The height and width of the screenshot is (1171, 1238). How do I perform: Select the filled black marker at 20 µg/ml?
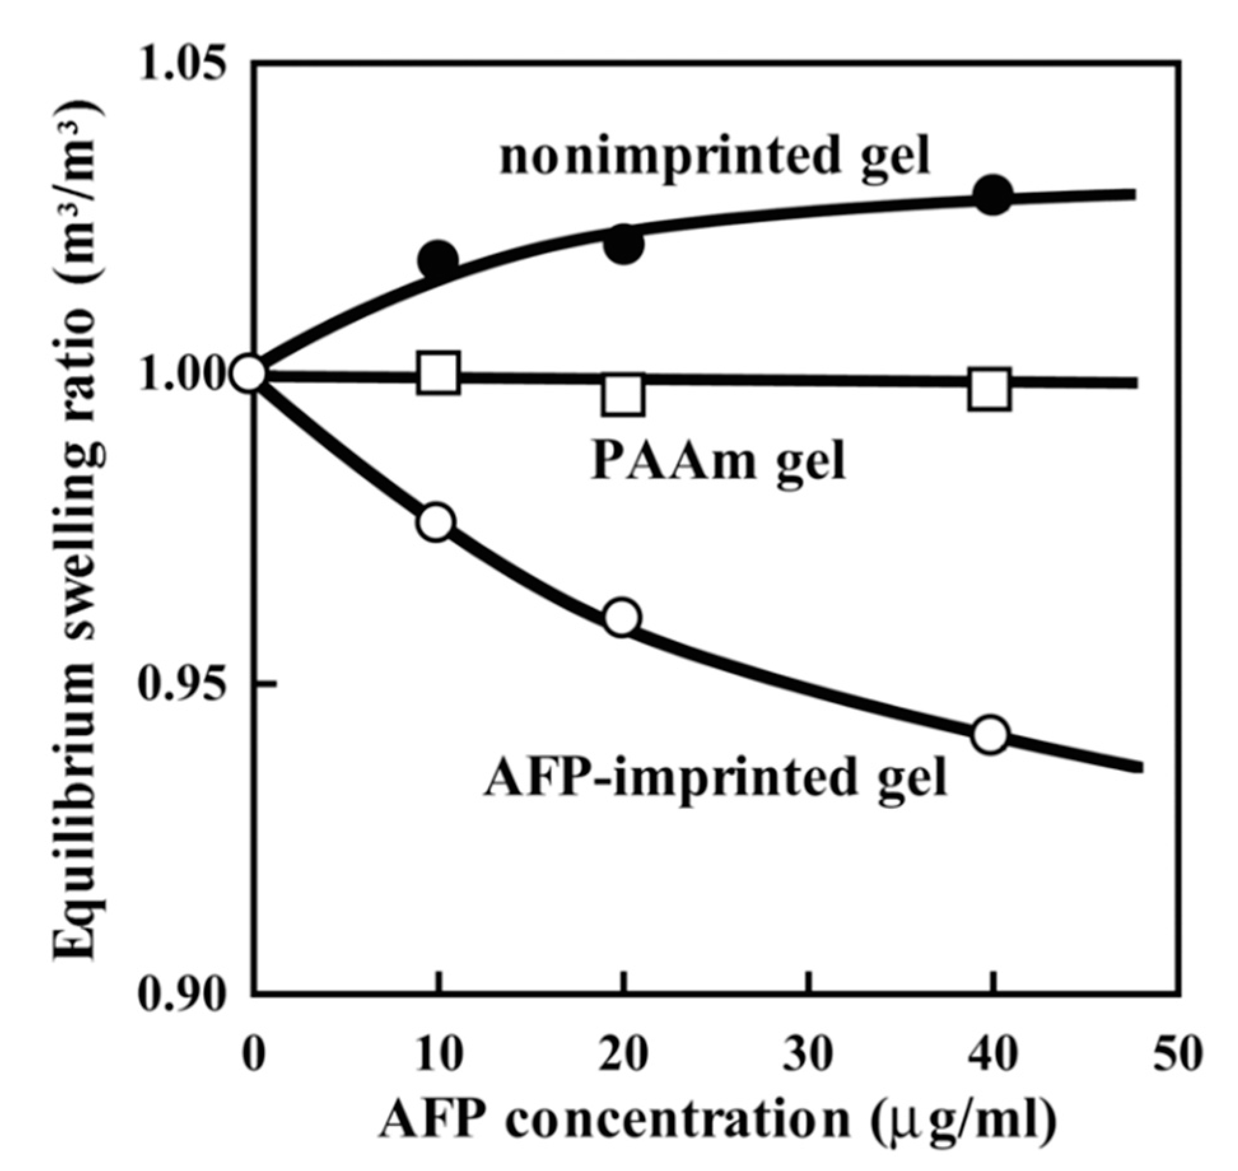tap(624, 244)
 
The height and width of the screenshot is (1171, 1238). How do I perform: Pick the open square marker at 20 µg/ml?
tap(623, 395)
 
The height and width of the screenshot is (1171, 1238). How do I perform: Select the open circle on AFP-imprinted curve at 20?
tap(622, 617)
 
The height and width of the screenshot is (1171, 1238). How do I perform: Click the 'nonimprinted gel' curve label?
tap(714, 156)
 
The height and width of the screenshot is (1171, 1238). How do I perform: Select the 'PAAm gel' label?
tap(717, 461)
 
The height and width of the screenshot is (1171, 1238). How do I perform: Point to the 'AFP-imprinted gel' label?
tap(716, 777)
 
